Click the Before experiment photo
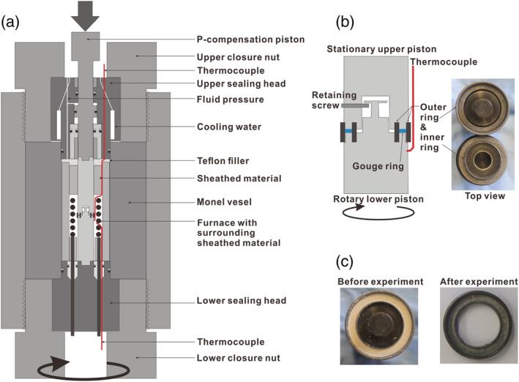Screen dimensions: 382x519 click(x=379, y=321)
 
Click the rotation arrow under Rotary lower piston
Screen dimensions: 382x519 click(x=375, y=214)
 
